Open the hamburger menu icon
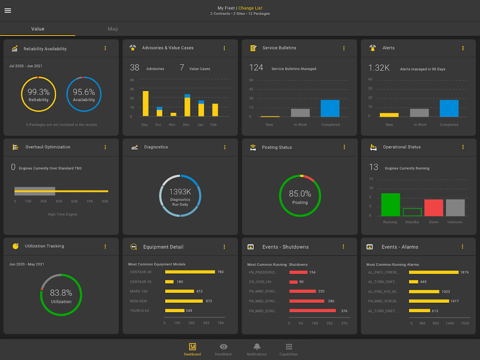pos(8,11)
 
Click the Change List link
pos(250,8)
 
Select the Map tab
pos(113,29)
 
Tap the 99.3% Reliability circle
pos(39,94)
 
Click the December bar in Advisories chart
pos(187,106)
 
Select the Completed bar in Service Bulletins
pos(330,108)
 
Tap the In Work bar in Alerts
pos(419,113)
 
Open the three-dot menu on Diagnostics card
pos(225,147)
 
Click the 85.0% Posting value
pos(300,194)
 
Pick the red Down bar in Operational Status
pos(434,207)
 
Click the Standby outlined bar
pos(412,212)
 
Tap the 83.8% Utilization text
pos(61,293)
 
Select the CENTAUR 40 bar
pos(190,272)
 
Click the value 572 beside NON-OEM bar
pos(209,301)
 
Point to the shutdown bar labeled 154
pos(298,272)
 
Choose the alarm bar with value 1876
pos(434,272)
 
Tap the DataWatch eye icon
pos(224,346)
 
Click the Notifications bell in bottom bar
pos(257,346)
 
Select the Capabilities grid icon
pos(289,346)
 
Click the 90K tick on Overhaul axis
pos(105,201)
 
